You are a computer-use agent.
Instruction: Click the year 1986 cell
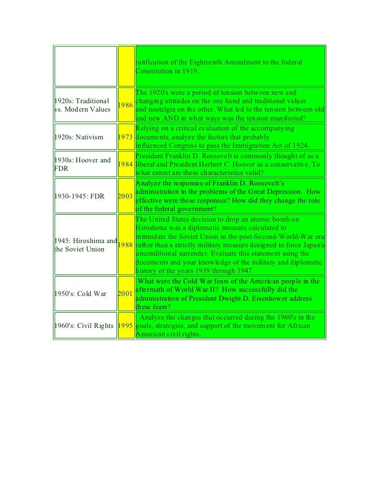(125, 105)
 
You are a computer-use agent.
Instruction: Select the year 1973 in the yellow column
(125, 137)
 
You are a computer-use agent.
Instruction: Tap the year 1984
(125, 164)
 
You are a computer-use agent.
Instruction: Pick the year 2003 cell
(125, 196)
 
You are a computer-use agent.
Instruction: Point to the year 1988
(125, 245)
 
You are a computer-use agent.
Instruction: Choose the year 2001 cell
(125, 293)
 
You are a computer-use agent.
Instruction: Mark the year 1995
(125, 325)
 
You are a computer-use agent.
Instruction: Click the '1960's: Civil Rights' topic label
(84, 325)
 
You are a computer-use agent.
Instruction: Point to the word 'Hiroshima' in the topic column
(90, 240)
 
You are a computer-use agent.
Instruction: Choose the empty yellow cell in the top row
(125, 66)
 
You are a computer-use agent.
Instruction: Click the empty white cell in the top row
(85, 66)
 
